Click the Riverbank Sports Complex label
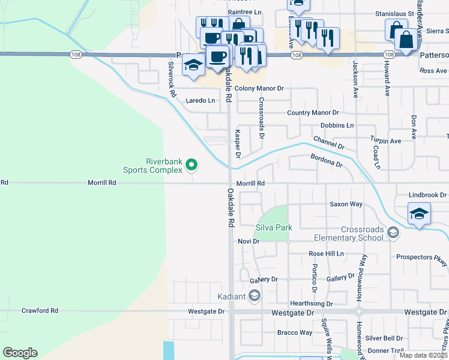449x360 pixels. pos(152,166)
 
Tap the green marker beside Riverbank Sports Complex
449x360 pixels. pos(191,164)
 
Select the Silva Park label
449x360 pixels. pos(274,227)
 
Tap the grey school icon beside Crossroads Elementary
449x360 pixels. pos(393,232)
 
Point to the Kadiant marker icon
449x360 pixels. pos(255,296)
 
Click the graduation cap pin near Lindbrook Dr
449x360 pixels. pos(418,214)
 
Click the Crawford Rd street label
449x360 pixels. pos(40,311)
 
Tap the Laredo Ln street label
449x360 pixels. pos(200,100)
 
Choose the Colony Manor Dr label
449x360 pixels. pos(259,88)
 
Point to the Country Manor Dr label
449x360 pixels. pos(313,113)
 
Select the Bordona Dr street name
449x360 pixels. pos(326,160)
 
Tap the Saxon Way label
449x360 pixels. pos(346,204)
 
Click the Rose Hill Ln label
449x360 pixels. pos(326,254)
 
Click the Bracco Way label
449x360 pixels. pos(294,332)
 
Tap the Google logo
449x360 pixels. pos(20,353)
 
